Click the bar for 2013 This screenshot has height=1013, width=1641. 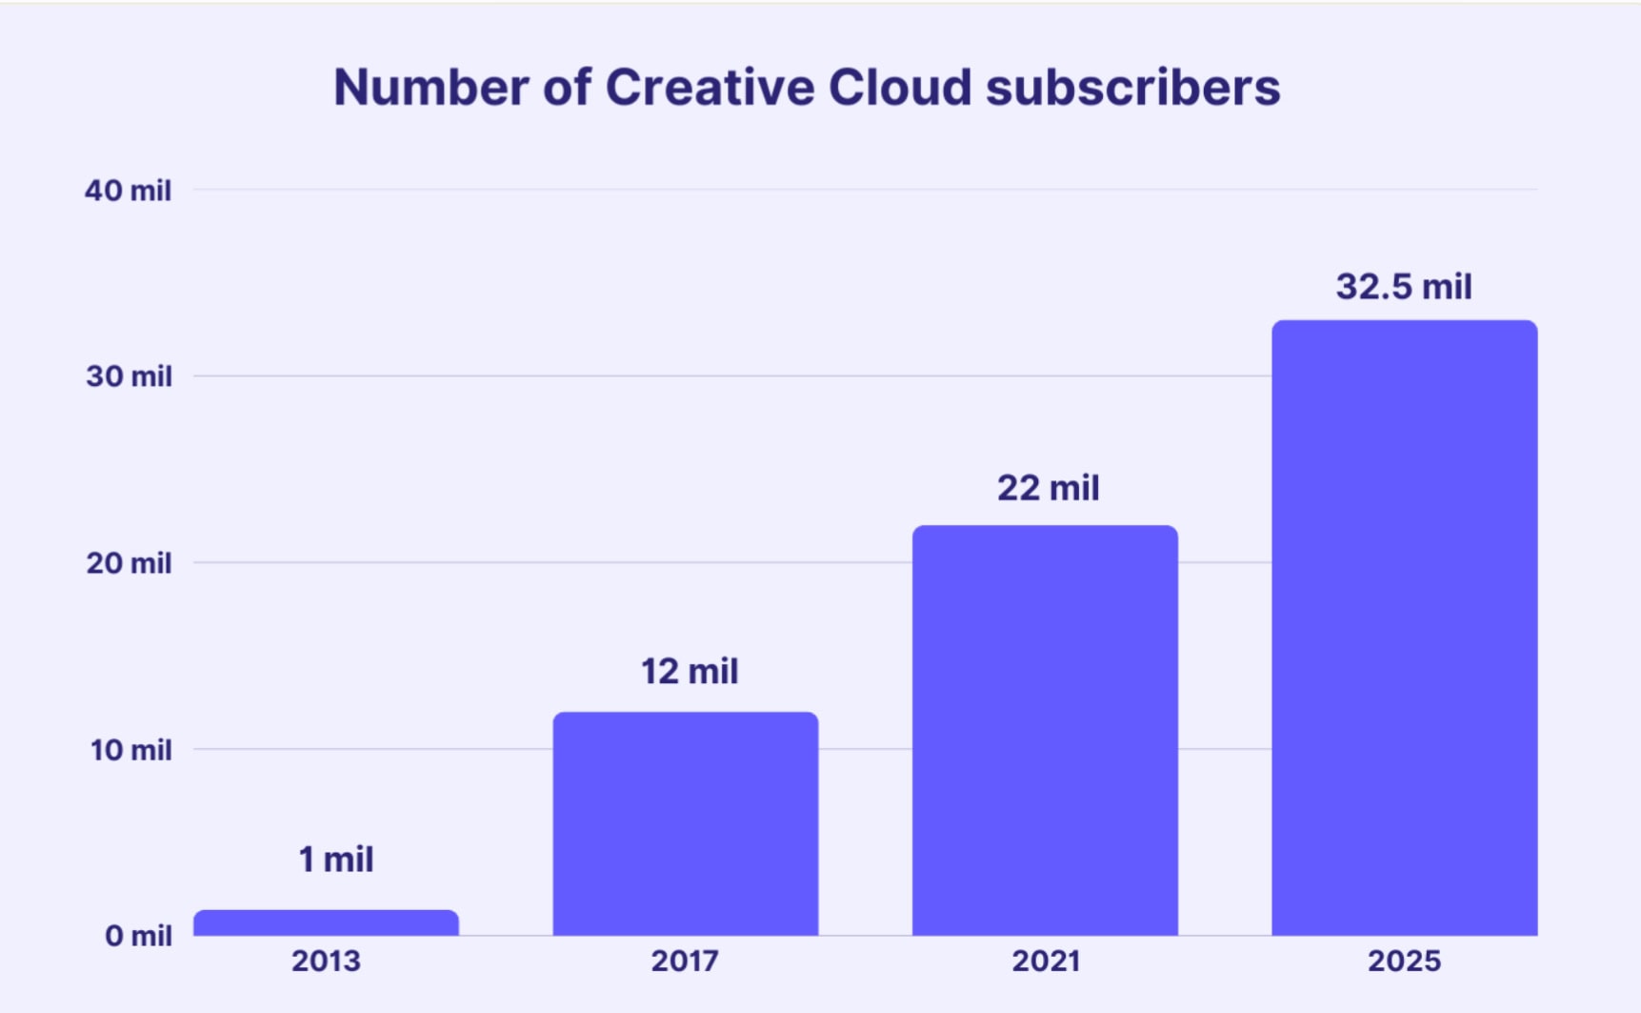326,922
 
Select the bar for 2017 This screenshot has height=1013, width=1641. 685,824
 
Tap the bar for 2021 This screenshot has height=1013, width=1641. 1045,731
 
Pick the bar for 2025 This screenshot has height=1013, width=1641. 1404,629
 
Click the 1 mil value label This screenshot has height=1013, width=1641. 335,860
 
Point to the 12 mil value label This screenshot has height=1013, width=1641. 689,672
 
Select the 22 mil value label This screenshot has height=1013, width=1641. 1048,489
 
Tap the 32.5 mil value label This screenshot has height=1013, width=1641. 1404,287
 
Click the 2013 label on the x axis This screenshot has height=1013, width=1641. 326,961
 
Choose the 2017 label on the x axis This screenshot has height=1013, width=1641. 685,961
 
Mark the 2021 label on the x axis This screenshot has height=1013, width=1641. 1045,961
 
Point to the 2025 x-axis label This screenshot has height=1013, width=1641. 1404,961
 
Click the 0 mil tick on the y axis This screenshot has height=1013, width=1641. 138,936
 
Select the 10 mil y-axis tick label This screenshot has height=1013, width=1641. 130,750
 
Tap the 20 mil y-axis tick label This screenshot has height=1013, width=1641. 129,563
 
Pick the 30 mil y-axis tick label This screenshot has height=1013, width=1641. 129,376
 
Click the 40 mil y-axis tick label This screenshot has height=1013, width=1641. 128,191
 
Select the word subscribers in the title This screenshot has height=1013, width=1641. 1132,88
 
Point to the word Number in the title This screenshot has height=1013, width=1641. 430,88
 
